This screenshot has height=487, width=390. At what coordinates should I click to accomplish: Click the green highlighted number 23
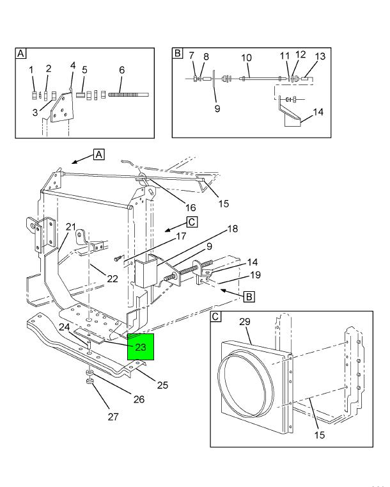pyautogui.click(x=141, y=347)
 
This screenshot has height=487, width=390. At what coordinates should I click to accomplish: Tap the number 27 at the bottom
pyautogui.click(x=113, y=417)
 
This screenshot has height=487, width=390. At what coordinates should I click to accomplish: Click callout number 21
pyautogui.click(x=71, y=227)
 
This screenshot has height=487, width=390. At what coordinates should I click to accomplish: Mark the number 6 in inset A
pyautogui.click(x=121, y=70)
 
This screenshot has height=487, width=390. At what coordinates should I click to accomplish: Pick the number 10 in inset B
pyautogui.click(x=246, y=58)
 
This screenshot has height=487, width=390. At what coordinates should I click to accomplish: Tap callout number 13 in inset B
pyautogui.click(x=320, y=56)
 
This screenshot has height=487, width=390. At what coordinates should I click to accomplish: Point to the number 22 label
pyautogui.click(x=112, y=278)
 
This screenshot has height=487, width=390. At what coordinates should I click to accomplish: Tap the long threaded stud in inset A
pyautogui.click(x=128, y=95)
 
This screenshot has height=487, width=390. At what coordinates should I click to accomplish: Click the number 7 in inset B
pyautogui.click(x=191, y=57)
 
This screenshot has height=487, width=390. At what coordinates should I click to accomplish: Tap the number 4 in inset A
pyautogui.click(x=73, y=65)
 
